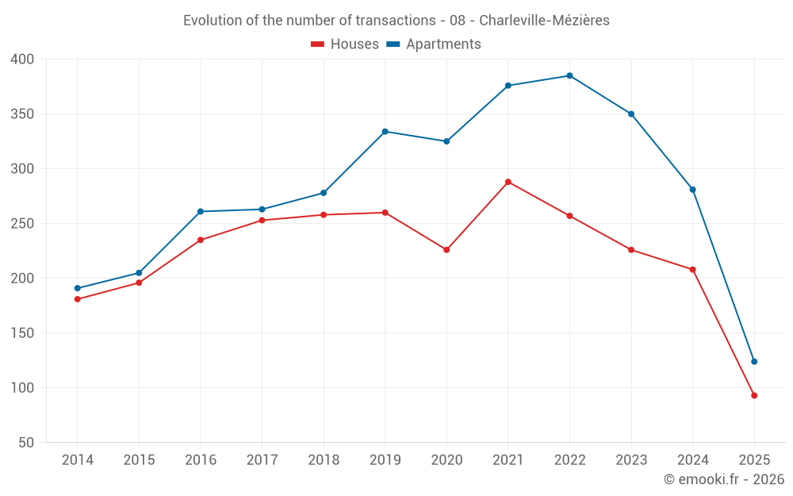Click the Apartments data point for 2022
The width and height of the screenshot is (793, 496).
point(569,75)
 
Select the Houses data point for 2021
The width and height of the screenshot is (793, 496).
point(508,182)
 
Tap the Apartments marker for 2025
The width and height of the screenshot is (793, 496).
point(754,362)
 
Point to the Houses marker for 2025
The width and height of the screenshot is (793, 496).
point(754,395)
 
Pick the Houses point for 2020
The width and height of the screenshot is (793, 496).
point(446,250)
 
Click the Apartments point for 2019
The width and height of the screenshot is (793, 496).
point(385,132)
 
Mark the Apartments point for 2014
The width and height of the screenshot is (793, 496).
point(77,288)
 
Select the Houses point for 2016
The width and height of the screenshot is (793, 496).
point(200,240)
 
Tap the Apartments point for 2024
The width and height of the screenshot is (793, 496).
point(693,190)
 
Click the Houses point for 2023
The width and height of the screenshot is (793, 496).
point(631,250)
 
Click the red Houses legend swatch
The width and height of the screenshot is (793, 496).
point(318,44)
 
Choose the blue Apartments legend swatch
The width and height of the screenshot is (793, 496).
point(393,44)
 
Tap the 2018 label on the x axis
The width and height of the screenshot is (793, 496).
point(324,460)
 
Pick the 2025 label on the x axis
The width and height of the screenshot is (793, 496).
point(754,460)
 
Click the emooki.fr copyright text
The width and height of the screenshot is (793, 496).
point(724,479)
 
